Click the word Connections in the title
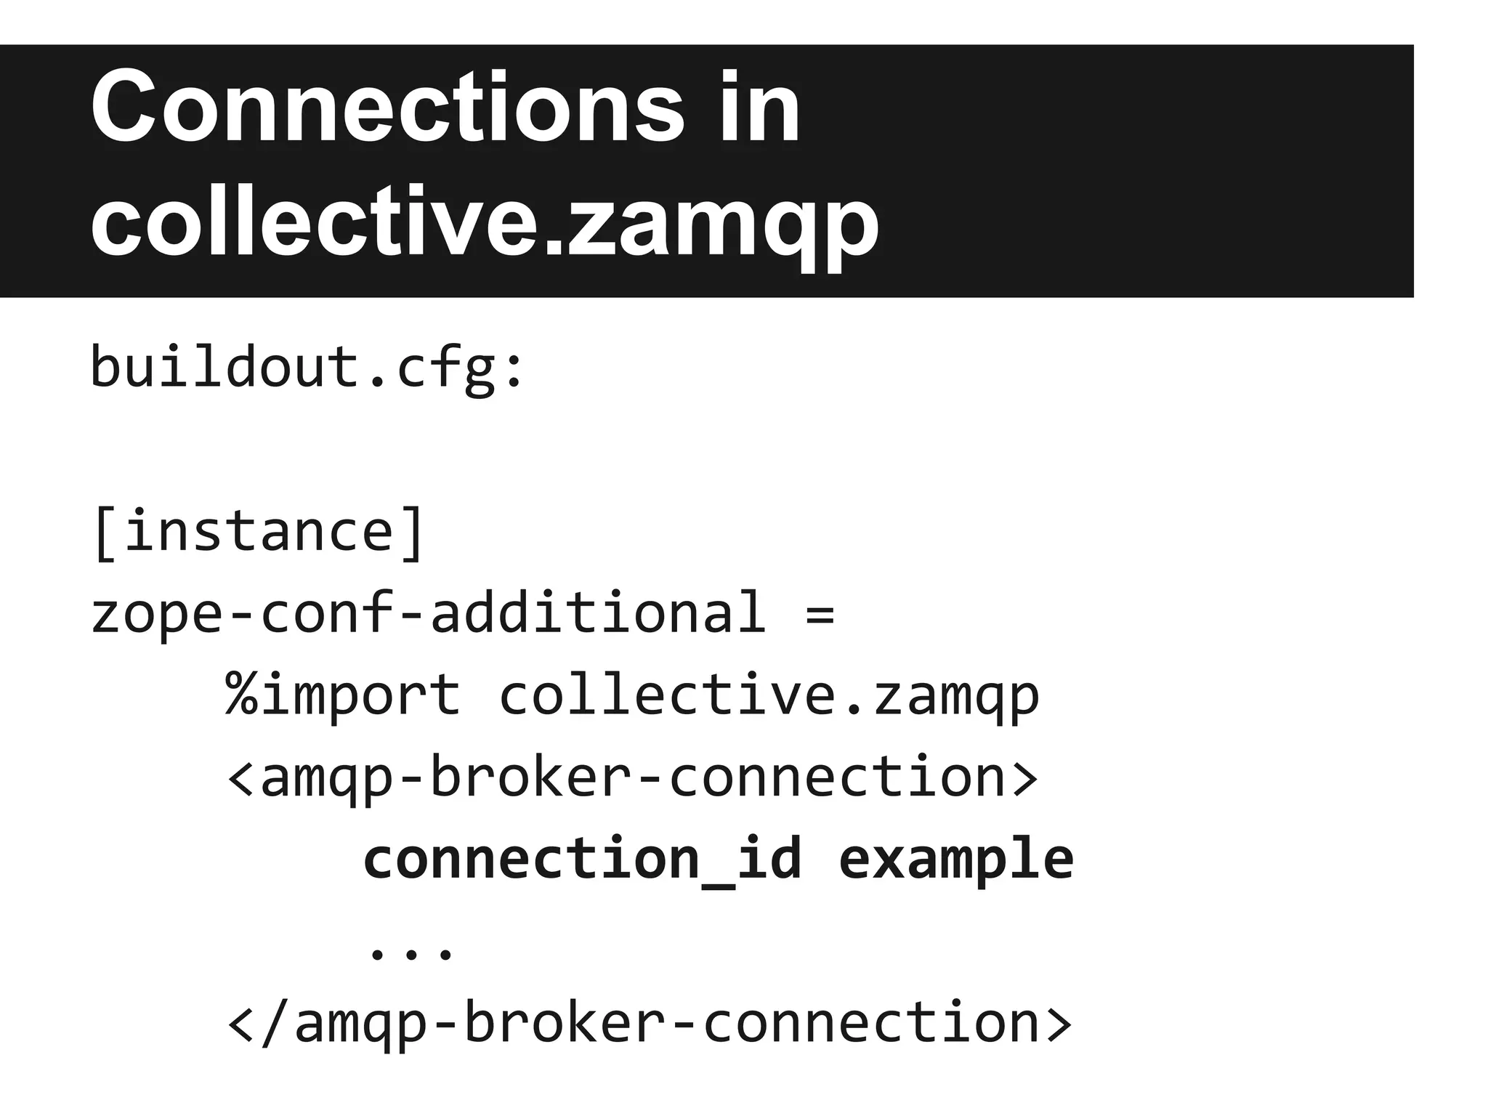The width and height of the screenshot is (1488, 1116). (x=387, y=108)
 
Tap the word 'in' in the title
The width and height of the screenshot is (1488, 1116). (x=760, y=108)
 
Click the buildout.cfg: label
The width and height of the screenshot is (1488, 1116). (x=306, y=368)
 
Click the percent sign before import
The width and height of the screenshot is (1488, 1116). (x=242, y=695)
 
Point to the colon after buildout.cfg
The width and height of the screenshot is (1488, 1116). (x=514, y=371)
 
